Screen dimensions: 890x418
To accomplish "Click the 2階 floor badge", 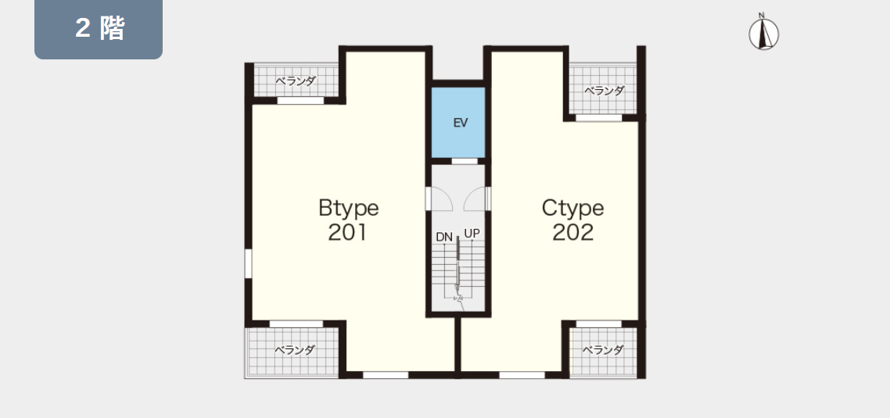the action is click(x=99, y=29).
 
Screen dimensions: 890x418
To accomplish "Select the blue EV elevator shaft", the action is click(x=458, y=123).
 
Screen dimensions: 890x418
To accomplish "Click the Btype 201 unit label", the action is click(x=349, y=220).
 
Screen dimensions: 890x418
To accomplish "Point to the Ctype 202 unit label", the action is click(x=572, y=220).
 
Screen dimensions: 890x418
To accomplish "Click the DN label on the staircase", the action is click(x=444, y=237).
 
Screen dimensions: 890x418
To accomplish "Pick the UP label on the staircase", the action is click(x=472, y=233).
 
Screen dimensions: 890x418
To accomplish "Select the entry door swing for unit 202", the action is click(x=475, y=198).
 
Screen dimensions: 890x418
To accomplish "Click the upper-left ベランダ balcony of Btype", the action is click(x=296, y=80).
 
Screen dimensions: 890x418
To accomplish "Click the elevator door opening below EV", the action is click(x=465, y=161).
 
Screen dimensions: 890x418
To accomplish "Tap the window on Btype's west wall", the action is click(x=248, y=264).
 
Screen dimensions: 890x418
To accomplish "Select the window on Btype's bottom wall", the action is click(x=386, y=375).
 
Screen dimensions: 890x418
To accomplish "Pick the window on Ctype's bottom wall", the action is click(x=522, y=375).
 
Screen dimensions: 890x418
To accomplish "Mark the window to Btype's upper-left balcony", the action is click(x=300, y=101).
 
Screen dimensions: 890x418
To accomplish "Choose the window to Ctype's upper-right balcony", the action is click(x=599, y=118).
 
